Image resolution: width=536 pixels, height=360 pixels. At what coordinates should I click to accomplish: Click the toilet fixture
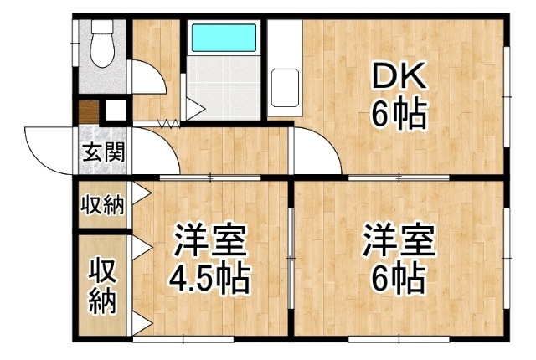pyautogui.click(x=102, y=44)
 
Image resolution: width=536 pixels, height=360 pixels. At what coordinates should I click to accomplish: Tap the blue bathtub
pyautogui.click(x=224, y=38)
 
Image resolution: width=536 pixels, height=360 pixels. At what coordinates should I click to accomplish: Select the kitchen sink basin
pyautogui.click(x=285, y=88)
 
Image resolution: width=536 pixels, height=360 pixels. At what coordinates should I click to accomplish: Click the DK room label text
pyautogui.click(x=399, y=75)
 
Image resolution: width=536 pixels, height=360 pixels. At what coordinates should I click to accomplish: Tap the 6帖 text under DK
pyautogui.click(x=399, y=114)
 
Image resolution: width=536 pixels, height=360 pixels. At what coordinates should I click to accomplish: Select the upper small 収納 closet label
pyautogui.click(x=102, y=205)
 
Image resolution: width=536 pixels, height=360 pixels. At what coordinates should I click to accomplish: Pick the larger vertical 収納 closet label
pyautogui.click(x=102, y=286)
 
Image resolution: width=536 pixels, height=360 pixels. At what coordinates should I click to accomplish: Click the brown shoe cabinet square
pyautogui.click(x=89, y=112)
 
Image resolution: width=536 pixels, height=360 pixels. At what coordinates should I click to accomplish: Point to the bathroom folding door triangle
pyautogui.click(x=195, y=109)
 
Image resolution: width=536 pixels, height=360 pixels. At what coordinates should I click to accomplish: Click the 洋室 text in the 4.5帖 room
pyautogui.click(x=210, y=240)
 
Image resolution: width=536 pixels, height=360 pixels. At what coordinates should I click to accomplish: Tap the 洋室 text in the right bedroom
pyautogui.click(x=399, y=240)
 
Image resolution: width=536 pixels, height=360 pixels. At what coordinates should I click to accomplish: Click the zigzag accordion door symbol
pyautogui.click(x=168, y=123)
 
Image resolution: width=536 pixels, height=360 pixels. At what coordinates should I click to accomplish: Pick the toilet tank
pyautogui.click(x=102, y=27)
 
